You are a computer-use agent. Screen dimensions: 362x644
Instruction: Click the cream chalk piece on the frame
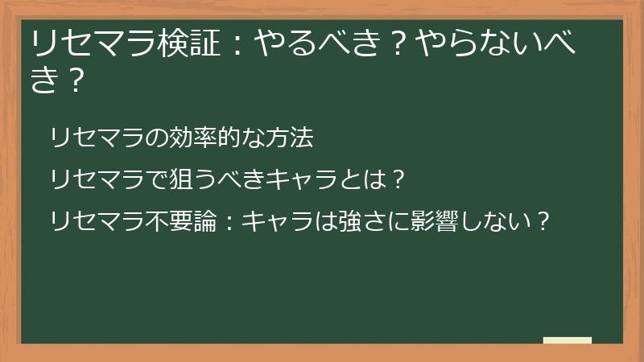click(x=568, y=341)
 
